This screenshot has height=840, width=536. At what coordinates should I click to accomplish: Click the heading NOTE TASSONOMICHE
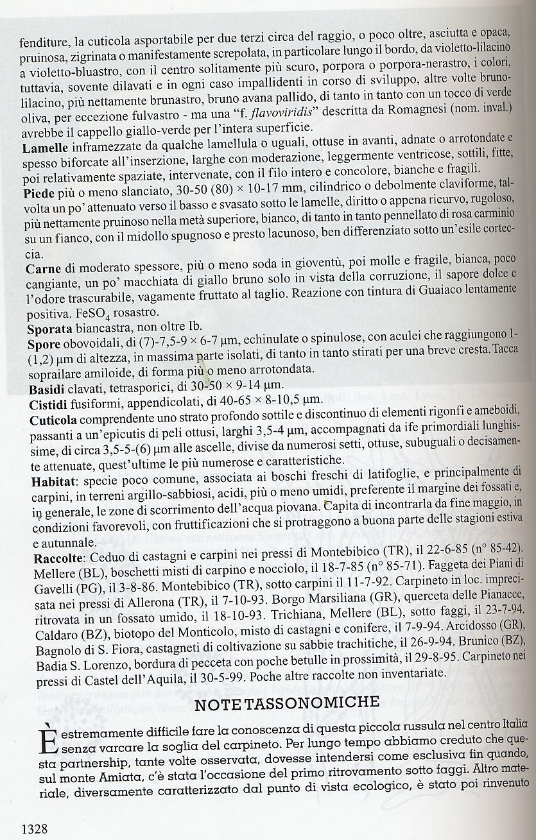click(286, 701)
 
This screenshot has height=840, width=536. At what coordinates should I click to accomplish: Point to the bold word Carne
click(42, 269)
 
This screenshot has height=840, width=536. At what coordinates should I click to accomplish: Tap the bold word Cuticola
click(53, 420)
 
